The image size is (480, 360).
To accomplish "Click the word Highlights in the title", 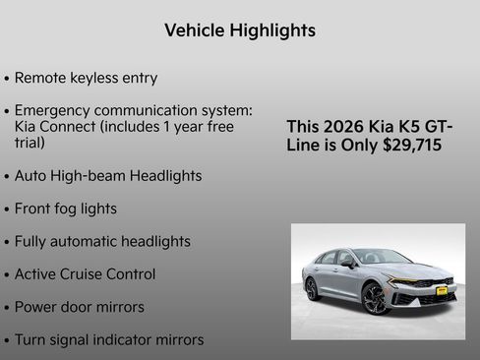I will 270,30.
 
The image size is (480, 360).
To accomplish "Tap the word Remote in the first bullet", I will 43,78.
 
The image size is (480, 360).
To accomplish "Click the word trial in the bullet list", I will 30,143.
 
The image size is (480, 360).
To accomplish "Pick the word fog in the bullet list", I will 72,209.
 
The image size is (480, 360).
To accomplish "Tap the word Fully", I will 34,241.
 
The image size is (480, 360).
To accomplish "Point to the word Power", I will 38,307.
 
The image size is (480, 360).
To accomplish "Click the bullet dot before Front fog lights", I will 7,210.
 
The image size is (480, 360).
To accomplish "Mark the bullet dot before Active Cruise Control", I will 7,275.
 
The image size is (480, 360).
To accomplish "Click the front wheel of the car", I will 376,297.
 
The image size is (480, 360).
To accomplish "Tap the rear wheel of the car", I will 312,288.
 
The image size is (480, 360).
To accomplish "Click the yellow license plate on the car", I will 442,291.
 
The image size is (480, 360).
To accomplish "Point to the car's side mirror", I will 350,264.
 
